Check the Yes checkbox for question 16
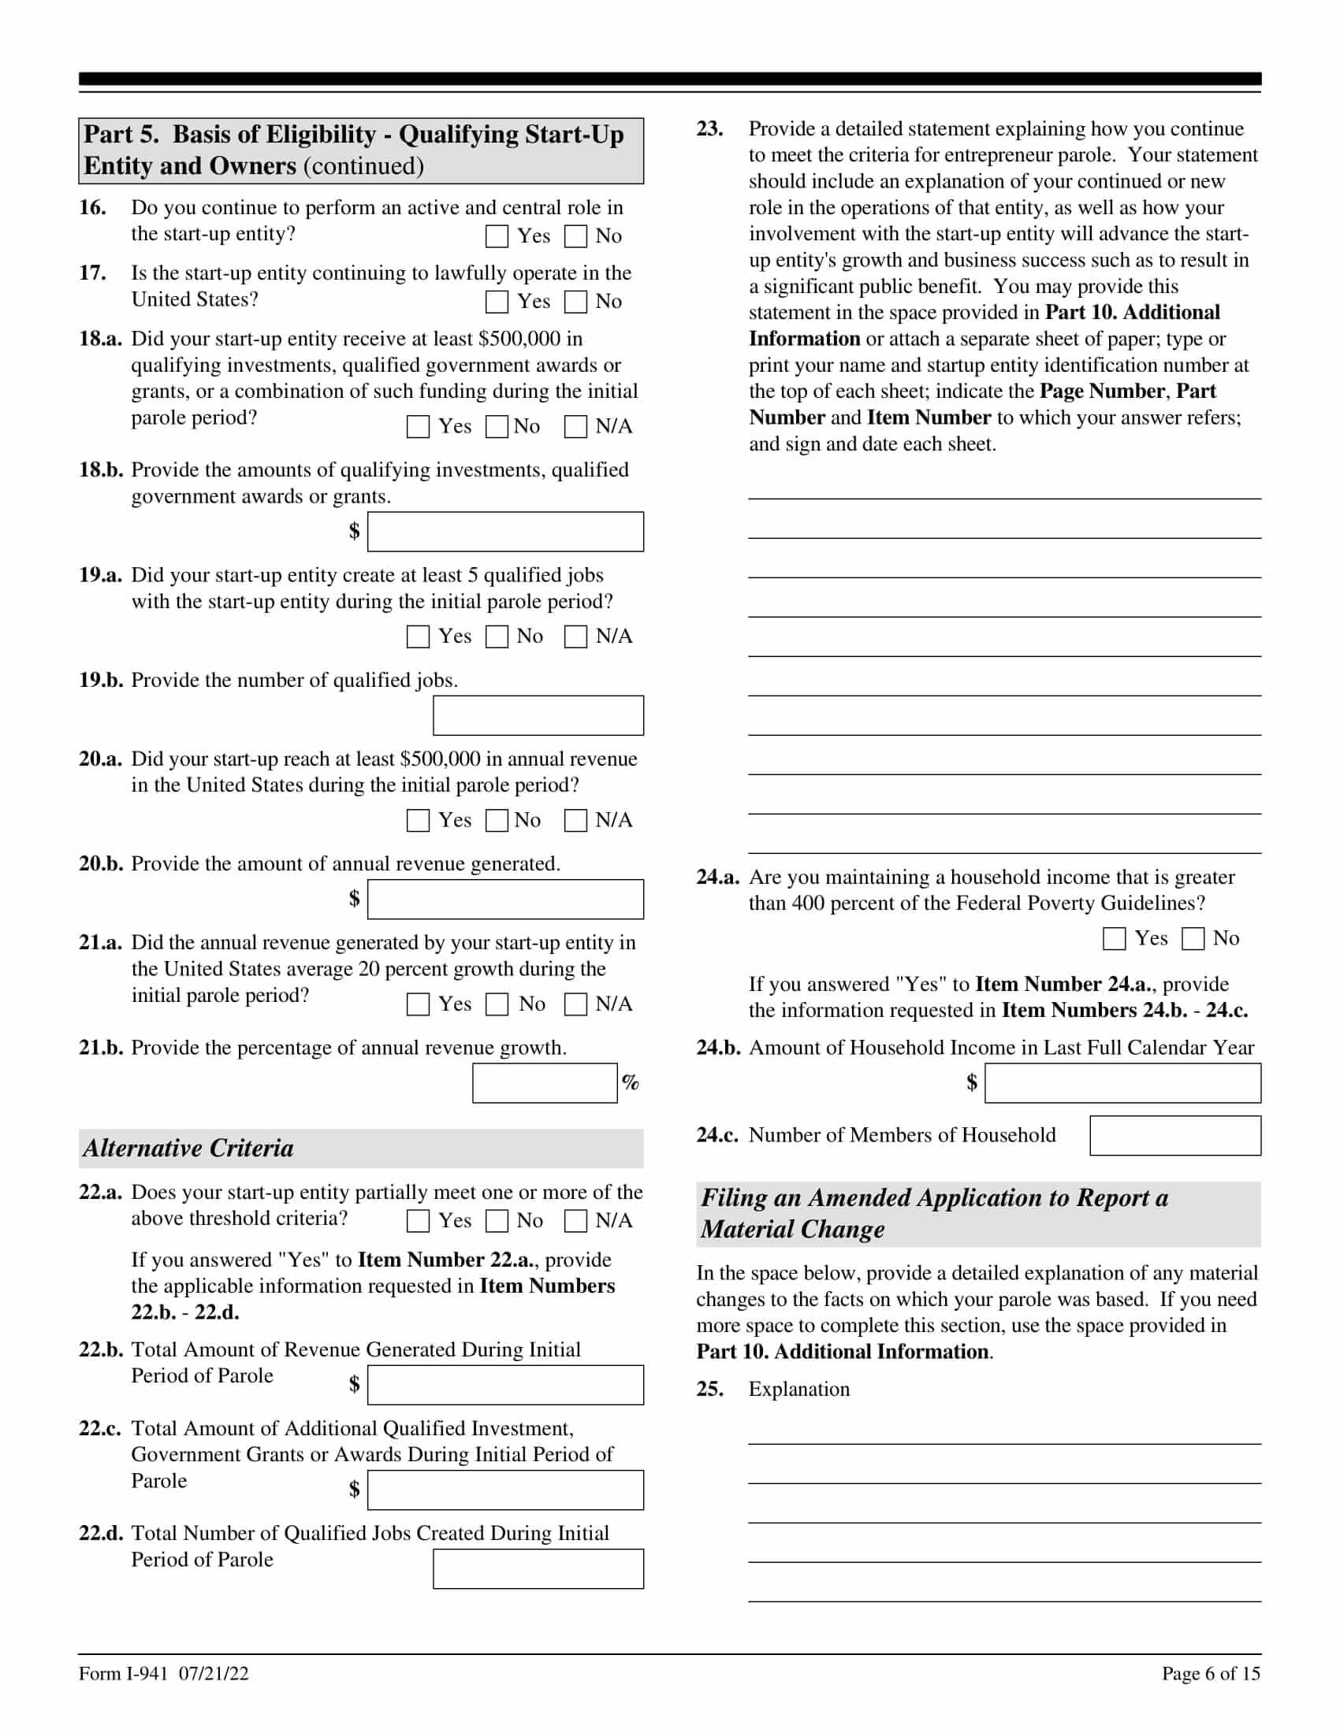coord(497,236)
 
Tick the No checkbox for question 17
coord(575,302)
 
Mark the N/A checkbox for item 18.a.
coord(575,427)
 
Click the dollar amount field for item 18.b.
coord(506,532)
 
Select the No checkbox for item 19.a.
coord(497,636)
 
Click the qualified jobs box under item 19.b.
coord(538,716)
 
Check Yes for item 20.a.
coord(419,821)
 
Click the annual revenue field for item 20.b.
coord(506,899)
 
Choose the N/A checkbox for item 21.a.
coord(575,1004)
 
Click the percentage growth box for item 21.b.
coord(545,1083)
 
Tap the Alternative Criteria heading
coord(189,1149)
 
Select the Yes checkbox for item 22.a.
coord(419,1221)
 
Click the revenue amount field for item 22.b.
coord(506,1385)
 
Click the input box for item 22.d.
coord(538,1568)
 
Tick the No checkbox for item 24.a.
coord(1193,939)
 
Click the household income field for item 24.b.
coord(1122,1083)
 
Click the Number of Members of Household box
coord(1175,1135)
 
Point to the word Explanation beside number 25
coord(798,1390)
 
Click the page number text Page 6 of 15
coord(1211,1673)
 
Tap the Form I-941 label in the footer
coord(123,1673)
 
